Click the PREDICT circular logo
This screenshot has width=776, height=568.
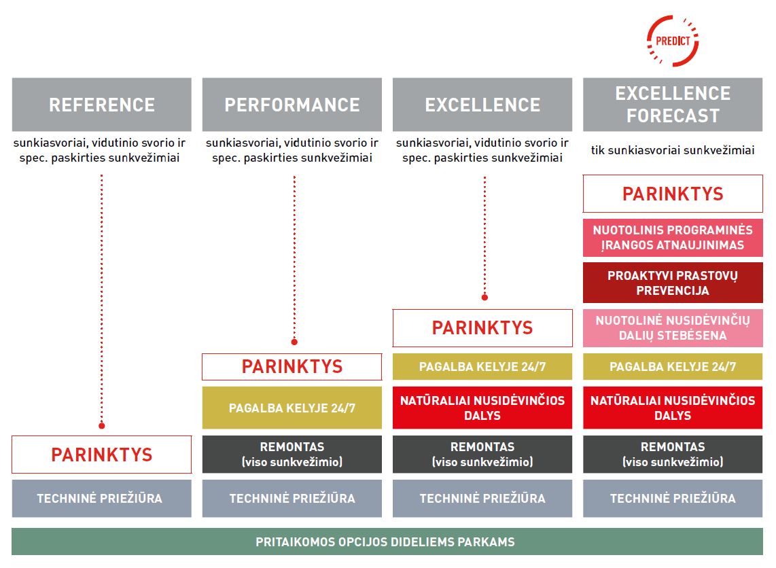click(x=673, y=41)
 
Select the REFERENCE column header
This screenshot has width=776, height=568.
click(x=101, y=105)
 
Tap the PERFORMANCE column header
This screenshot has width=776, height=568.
click(x=292, y=105)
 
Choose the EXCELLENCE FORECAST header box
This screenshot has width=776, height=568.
click(x=673, y=105)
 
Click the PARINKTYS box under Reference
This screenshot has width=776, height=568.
click(x=101, y=455)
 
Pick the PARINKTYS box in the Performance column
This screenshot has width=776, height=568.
click(x=292, y=367)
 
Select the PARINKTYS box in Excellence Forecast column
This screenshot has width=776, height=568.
click(x=673, y=194)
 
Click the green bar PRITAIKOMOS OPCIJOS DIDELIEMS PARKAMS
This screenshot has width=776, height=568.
click(x=387, y=542)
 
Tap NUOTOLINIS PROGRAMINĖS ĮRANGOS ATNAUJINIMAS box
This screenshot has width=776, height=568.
click(x=673, y=238)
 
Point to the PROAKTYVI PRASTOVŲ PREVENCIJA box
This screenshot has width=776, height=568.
click(x=673, y=283)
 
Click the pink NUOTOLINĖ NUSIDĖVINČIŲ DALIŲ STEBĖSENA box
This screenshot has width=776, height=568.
click(x=673, y=328)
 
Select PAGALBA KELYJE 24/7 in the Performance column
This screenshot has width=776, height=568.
click(x=292, y=408)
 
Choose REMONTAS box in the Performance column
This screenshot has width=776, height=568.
click(x=292, y=455)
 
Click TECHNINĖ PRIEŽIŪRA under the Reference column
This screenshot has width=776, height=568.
click(x=101, y=498)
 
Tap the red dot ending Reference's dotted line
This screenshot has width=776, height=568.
click(x=101, y=425)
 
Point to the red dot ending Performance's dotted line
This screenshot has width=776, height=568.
click(x=294, y=342)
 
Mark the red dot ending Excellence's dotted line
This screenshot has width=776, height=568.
click(x=484, y=298)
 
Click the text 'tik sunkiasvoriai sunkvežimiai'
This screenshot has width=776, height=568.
click(x=673, y=150)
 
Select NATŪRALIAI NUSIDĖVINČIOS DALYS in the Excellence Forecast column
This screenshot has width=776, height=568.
click(x=673, y=408)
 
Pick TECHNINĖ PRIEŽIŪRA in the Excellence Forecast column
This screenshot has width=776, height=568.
click(x=673, y=498)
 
